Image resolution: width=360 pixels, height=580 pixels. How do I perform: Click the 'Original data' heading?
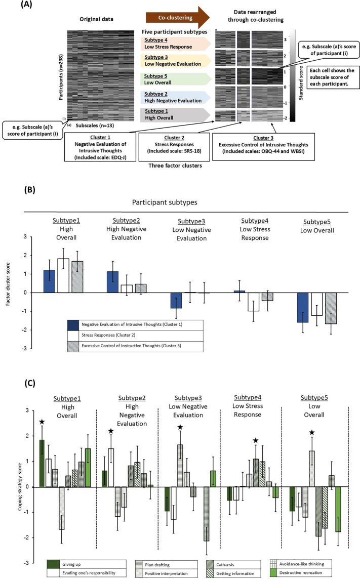tap(96, 19)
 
